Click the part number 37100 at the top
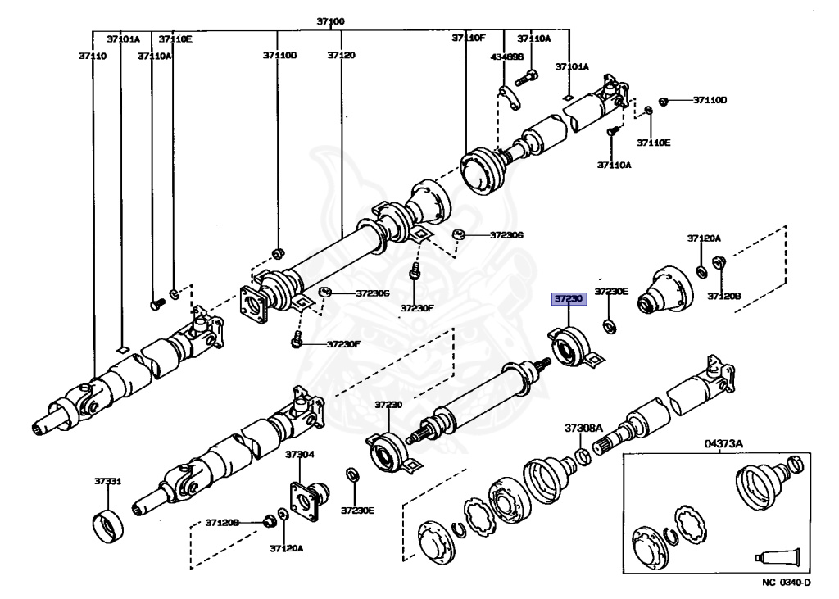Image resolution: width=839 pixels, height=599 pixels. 331,20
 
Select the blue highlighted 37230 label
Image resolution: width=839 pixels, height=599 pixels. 569,300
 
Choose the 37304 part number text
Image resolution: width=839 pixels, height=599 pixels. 299,454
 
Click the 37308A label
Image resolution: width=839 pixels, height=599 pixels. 583,429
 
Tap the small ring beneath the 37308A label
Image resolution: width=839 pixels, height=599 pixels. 583,456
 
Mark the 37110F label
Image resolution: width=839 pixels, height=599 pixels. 469,39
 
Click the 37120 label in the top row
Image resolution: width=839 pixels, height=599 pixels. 341,56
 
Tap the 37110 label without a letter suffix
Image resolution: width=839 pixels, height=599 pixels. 93,56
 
